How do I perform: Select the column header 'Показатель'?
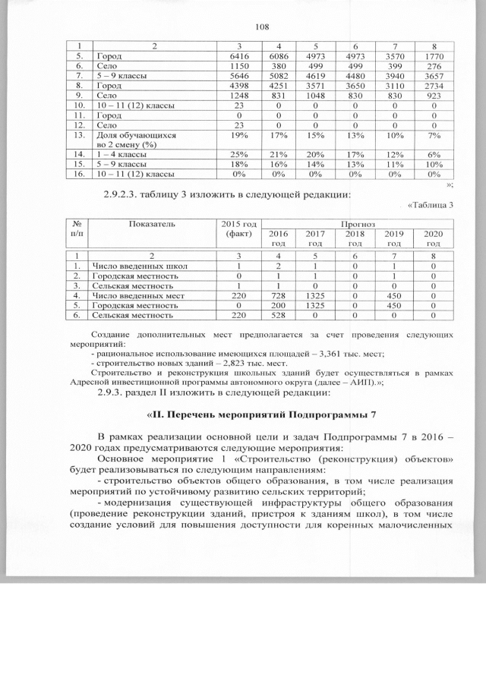(152, 225)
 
